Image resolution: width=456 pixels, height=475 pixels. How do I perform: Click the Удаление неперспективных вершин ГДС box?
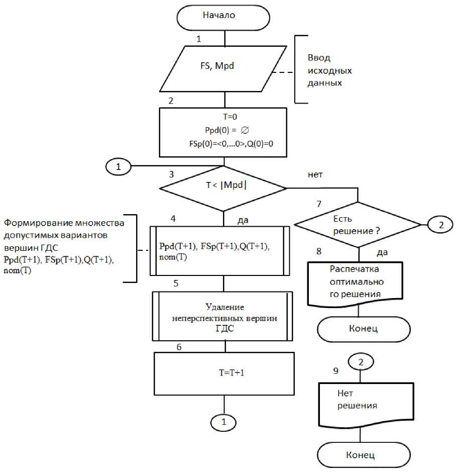pyautogui.click(x=223, y=317)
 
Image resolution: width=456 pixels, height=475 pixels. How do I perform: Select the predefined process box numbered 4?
pyautogui.click(x=223, y=251)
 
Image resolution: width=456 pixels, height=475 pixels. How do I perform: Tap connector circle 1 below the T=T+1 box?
pyautogui.click(x=223, y=422)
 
